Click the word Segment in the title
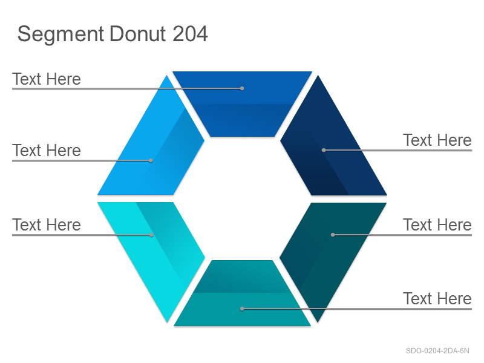click(60, 34)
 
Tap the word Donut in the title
click(138, 34)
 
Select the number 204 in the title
click(190, 34)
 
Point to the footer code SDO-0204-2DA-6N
click(437, 351)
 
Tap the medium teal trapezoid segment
click(243, 296)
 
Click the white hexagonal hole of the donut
click(243, 198)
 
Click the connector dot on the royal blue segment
click(242, 88)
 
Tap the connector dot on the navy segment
click(324, 150)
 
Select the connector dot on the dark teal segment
click(333, 235)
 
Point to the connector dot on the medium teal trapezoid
click(242, 309)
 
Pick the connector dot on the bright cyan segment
click(152, 235)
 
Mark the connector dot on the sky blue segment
click(151, 160)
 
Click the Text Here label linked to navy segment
click(437, 140)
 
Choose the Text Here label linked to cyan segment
click(47, 224)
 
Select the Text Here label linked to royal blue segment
click(47, 79)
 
